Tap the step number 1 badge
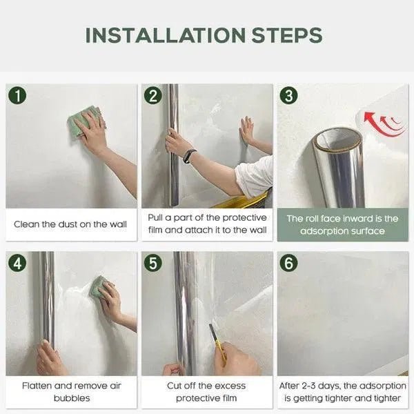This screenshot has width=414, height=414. point(18,95)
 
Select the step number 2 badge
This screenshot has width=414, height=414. point(153,95)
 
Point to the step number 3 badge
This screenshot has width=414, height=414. point(289,95)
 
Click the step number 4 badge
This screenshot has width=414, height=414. point(18,263)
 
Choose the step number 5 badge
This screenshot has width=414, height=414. point(153,263)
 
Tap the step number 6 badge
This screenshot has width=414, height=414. point(289,263)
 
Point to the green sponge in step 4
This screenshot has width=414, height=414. point(99,287)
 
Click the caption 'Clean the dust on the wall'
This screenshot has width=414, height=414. point(70,224)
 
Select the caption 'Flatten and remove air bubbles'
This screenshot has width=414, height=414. point(70,392)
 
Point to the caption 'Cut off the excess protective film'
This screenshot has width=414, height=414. point(206,392)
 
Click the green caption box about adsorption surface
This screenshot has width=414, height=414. point(342,224)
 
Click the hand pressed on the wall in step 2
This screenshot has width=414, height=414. point(247,130)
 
